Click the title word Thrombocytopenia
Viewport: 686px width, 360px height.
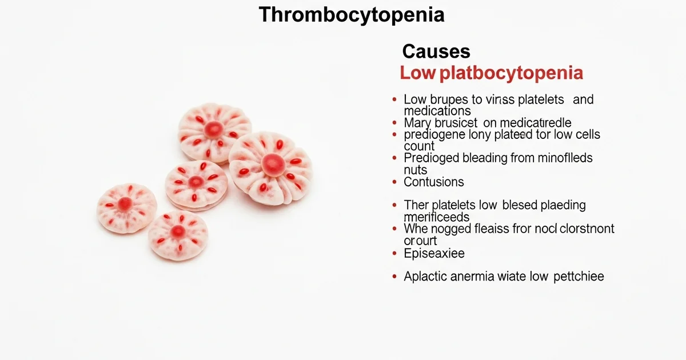point(351,15)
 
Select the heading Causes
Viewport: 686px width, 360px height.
point(436,52)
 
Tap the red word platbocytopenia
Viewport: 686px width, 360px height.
point(508,74)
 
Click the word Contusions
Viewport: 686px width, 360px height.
point(434,182)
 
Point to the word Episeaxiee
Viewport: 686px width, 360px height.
point(434,253)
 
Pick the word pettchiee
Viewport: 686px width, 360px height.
point(579,277)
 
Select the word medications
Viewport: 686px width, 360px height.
point(437,111)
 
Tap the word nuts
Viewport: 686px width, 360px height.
point(416,170)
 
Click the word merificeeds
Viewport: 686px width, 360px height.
point(437,218)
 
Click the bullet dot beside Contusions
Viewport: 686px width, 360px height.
point(394,182)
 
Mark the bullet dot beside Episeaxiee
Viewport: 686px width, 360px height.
point(394,253)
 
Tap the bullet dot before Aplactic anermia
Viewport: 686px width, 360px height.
point(394,277)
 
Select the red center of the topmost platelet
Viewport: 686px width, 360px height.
point(214,129)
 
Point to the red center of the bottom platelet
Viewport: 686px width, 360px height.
point(178,231)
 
